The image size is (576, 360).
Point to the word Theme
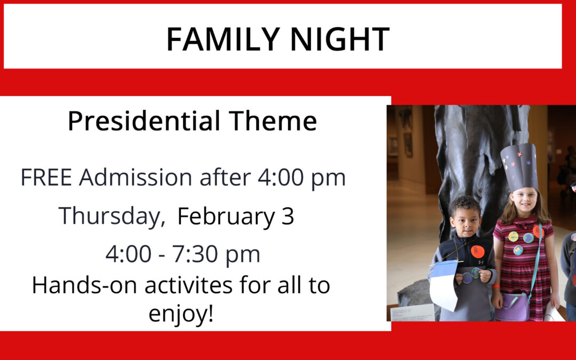(x=273, y=121)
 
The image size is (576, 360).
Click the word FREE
(x=46, y=178)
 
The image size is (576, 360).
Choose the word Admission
(x=135, y=178)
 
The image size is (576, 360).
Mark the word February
(x=226, y=217)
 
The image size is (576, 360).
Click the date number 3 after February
(x=287, y=216)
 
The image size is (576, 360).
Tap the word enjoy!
(x=181, y=314)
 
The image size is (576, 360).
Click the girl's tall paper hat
(x=519, y=167)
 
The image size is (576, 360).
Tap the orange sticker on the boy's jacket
(x=477, y=251)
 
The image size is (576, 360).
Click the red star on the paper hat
(x=519, y=154)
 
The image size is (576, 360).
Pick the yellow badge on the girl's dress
(x=513, y=236)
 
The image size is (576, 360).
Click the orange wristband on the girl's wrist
(x=497, y=286)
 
